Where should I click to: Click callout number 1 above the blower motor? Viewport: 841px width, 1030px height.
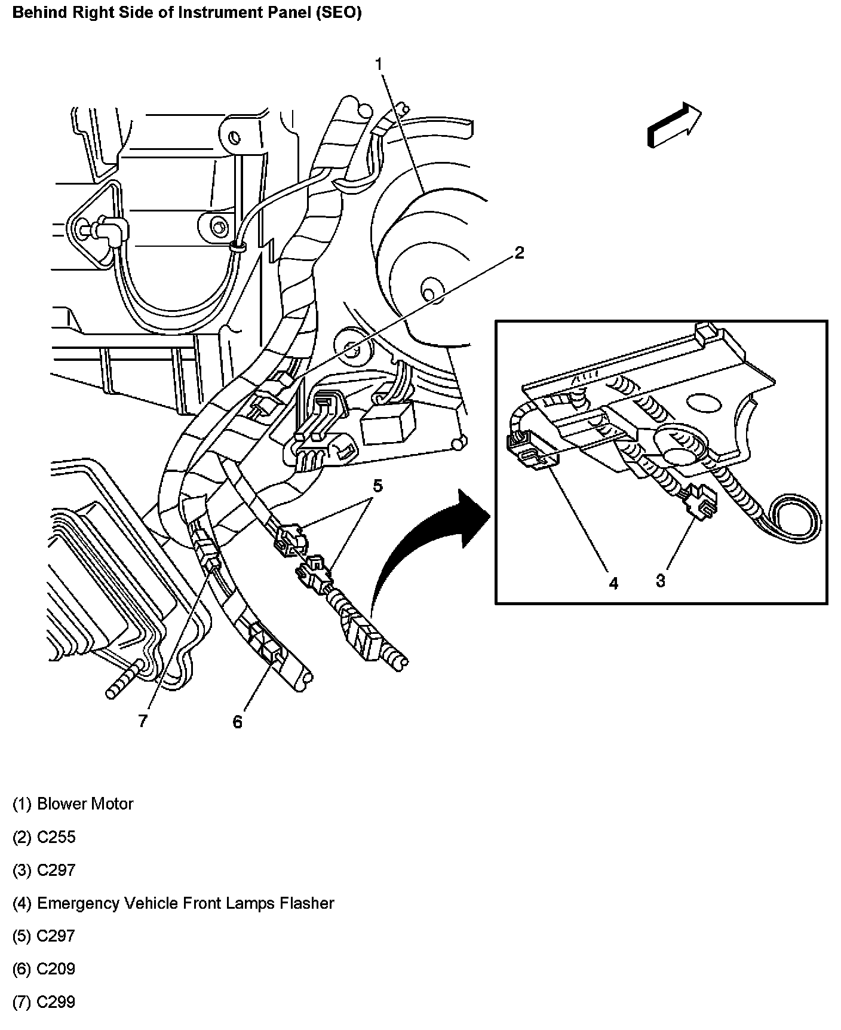[379, 64]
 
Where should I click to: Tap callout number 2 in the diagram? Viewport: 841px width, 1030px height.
[519, 253]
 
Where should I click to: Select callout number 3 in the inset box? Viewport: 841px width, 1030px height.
[660, 580]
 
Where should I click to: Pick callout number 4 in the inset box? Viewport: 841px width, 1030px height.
[613, 583]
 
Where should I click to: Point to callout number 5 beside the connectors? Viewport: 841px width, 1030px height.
[377, 486]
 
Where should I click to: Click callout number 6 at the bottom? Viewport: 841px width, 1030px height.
[238, 722]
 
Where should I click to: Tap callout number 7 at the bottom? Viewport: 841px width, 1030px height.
[142, 721]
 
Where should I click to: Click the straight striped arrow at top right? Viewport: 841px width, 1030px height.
[674, 124]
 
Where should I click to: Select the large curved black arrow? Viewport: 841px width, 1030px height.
[418, 550]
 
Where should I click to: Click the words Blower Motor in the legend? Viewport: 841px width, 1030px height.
[85, 804]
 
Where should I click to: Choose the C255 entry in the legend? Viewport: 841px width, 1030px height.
[56, 837]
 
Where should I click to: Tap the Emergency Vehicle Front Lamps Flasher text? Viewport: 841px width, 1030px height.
[185, 903]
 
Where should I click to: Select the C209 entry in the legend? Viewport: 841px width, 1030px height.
[56, 968]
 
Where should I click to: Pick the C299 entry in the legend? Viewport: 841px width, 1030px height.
[56, 1002]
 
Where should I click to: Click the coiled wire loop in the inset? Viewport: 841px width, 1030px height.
[794, 519]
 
